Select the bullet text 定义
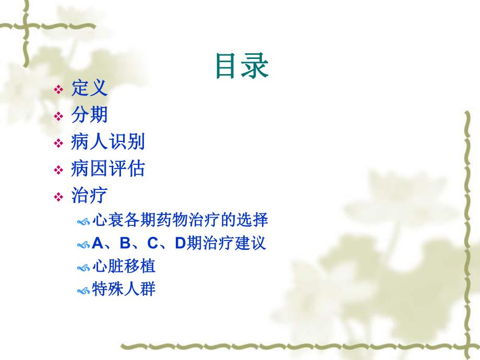coord(89,88)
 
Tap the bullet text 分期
coord(89,115)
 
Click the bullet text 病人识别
coord(107,142)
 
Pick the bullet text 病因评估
coord(107,169)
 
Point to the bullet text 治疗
coord(89,196)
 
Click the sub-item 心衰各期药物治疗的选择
coord(180,220)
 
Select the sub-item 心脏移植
coord(124,266)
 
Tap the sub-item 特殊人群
coord(124,289)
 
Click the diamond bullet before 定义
coord(59,90)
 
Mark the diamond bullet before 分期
coord(59,116)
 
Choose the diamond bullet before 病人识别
coord(59,143)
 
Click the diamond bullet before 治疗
coord(59,197)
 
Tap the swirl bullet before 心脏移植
coord(83,268)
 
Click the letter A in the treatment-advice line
coord(98,243)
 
